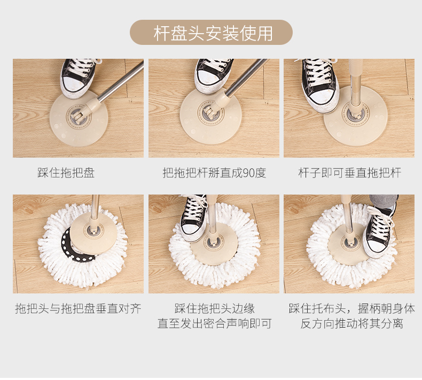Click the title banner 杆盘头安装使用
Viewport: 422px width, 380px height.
(x=212, y=33)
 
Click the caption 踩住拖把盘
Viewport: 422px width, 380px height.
(x=66, y=173)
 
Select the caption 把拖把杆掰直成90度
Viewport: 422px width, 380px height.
(x=214, y=173)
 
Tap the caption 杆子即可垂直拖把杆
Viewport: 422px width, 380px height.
(x=349, y=173)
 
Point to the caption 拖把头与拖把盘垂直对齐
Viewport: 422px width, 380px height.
(x=78, y=308)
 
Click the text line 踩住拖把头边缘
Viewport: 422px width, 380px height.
(x=215, y=308)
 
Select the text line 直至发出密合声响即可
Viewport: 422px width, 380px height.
(x=215, y=323)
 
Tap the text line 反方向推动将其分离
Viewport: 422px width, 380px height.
(x=351, y=323)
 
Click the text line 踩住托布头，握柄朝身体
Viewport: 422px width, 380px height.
(x=352, y=308)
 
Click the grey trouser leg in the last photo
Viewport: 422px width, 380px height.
(x=384, y=201)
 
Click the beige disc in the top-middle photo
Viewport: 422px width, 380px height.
(x=210, y=116)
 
